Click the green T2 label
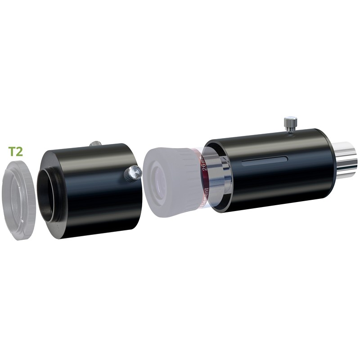pyautogui.click(x=16, y=151)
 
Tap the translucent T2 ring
pyautogui.click(x=18, y=198)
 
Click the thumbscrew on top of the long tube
pyautogui.click(x=291, y=124)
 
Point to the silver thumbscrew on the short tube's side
pyautogui.click(x=133, y=173)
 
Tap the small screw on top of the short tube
pyautogui.click(x=95, y=144)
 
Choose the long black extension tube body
pyautogui.click(x=279, y=171)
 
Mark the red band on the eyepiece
pyautogui.click(x=200, y=180)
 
